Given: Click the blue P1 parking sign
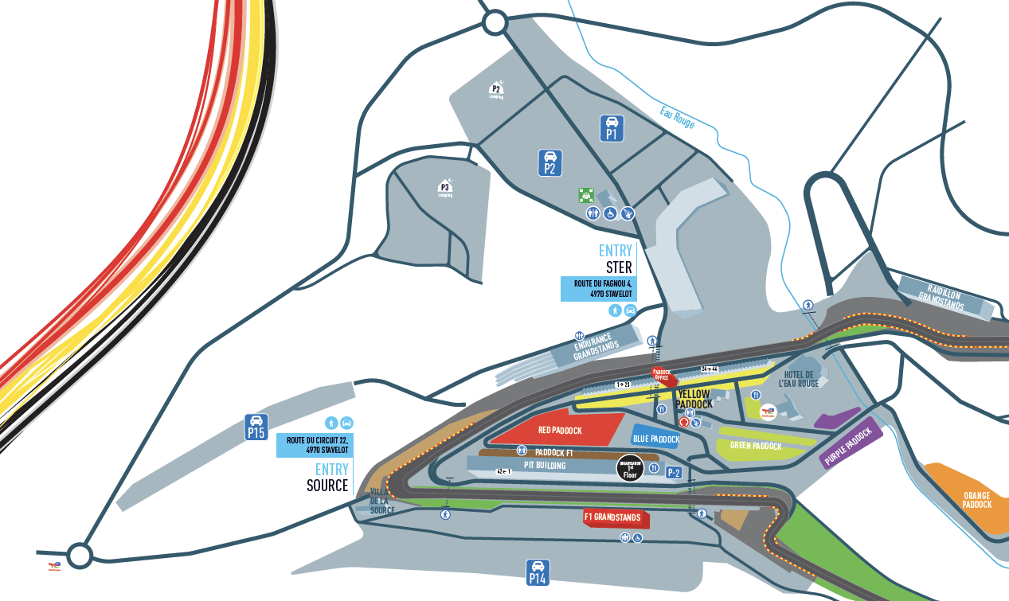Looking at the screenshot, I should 612,128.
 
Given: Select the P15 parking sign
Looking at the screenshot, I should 256,427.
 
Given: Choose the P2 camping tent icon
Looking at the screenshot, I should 496,92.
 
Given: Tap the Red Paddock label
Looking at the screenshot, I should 560,431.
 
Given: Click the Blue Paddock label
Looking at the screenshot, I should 655,439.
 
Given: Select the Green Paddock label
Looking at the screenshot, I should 756,447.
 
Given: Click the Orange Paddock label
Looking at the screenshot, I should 976,500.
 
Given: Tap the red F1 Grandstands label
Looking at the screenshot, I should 612,517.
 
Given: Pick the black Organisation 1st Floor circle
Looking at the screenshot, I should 630,469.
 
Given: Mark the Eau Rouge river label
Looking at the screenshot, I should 677,118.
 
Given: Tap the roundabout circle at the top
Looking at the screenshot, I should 495,23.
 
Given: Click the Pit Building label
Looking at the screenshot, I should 545,465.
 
